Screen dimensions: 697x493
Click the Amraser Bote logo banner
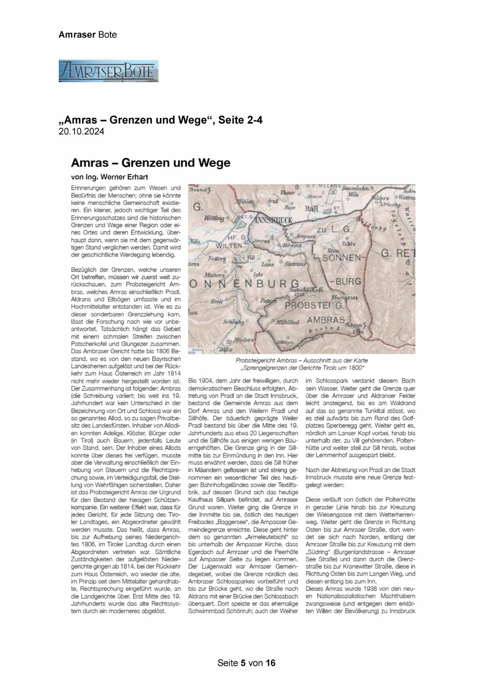point(108,71)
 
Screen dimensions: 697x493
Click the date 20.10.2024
point(81,132)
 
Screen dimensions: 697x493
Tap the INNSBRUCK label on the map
point(273,220)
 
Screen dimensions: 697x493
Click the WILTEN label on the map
point(229,246)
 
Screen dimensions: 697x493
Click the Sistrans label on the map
point(296,263)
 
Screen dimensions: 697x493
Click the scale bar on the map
point(195,350)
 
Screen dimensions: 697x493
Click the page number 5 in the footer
point(242,663)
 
